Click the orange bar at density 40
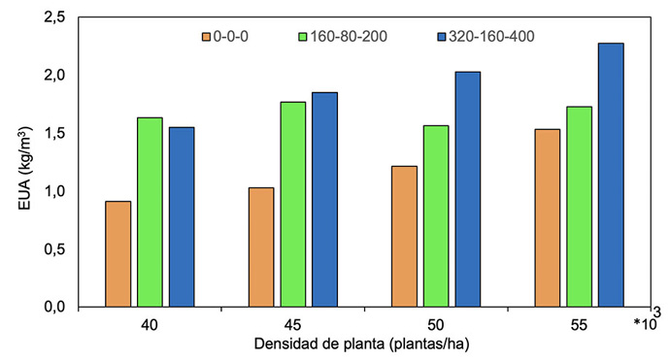[117, 253]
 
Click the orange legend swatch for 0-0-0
[209, 37]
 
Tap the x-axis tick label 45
[293, 324]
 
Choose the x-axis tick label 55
[580, 324]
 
